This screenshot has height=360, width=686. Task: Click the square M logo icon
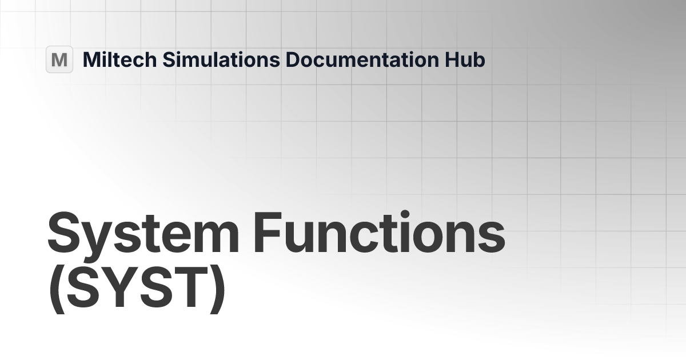59,59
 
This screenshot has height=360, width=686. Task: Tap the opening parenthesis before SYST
55,290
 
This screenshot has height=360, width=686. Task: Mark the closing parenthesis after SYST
216,290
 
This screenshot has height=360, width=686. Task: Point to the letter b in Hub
478,60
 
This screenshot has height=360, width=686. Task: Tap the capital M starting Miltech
91,59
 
